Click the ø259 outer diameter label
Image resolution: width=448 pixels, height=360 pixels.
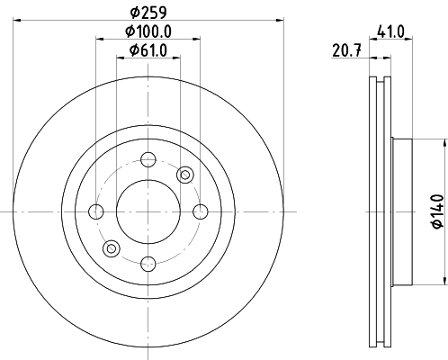(148, 13)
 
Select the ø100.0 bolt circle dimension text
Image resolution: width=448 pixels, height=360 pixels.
(148, 31)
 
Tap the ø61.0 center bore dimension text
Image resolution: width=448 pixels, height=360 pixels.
(148, 50)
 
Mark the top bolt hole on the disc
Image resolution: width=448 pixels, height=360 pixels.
(148, 160)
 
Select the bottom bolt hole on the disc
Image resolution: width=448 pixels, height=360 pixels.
(148, 263)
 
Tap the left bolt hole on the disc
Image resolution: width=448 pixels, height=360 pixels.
(96, 211)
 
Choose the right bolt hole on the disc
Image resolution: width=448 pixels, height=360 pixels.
(199, 211)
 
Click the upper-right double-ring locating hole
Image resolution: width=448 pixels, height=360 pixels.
(185, 174)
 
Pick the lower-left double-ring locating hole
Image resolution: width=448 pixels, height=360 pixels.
(111, 248)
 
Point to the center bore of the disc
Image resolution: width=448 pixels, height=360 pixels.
(148, 211)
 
